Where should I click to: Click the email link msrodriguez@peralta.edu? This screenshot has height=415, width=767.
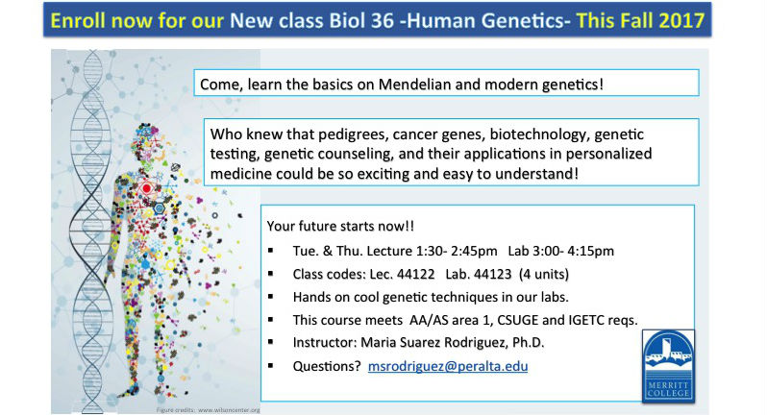[x=448, y=366]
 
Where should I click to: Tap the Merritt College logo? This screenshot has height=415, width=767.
[x=668, y=366]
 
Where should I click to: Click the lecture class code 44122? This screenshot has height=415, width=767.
[x=415, y=274]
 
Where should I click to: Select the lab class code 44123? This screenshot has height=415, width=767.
[x=492, y=274]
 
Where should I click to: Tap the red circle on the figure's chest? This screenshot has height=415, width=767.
[x=146, y=188]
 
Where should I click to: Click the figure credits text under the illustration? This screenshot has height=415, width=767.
[x=208, y=410]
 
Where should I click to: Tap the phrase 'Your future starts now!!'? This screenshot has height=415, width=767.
[x=340, y=227]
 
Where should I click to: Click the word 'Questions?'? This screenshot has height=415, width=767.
[x=327, y=366]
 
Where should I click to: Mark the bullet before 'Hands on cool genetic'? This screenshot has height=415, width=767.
[x=271, y=297]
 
